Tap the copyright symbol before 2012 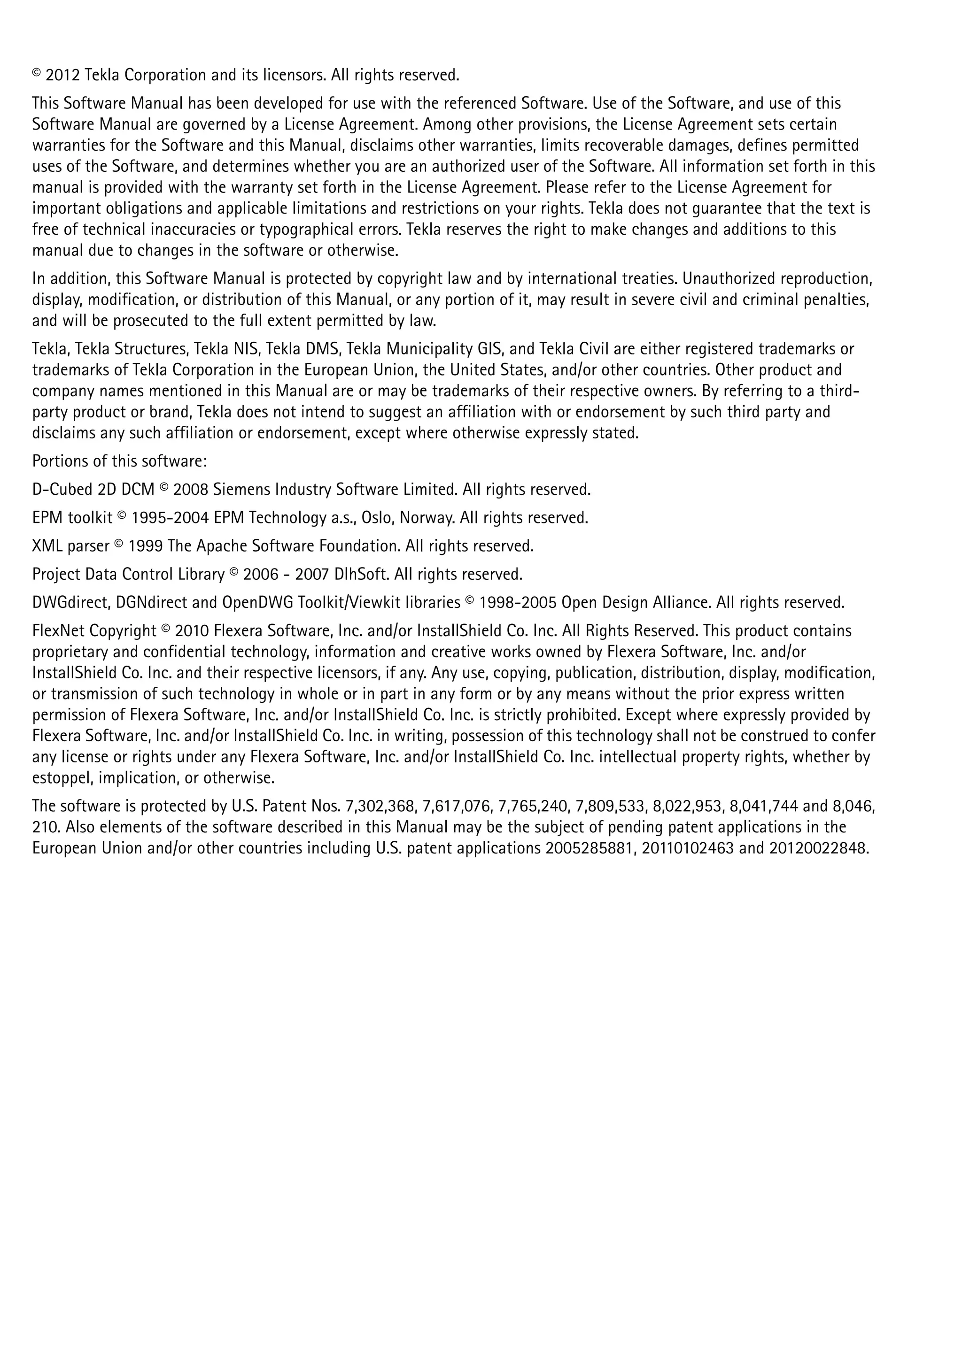click(x=37, y=73)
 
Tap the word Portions click(x=57, y=461)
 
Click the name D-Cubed click(x=62, y=490)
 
